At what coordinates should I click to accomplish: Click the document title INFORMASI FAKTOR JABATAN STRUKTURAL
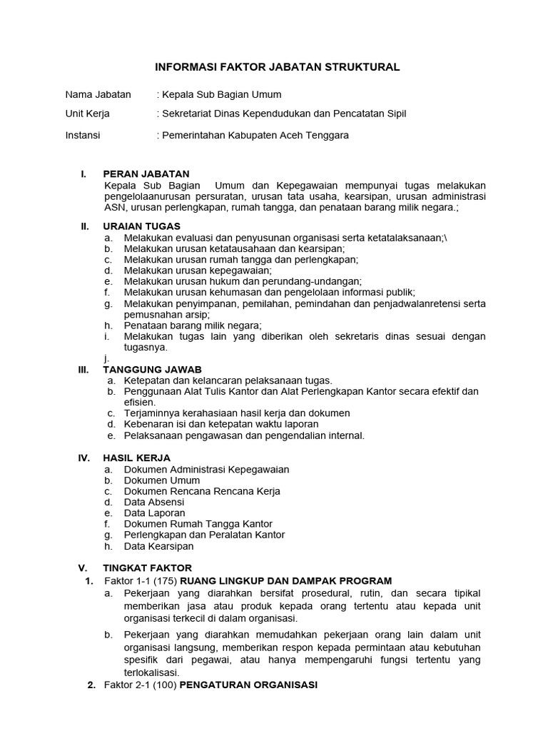(x=278, y=67)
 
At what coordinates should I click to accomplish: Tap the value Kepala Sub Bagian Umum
(x=219, y=94)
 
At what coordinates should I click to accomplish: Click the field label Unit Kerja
(x=88, y=114)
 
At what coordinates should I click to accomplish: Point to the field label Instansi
(x=83, y=135)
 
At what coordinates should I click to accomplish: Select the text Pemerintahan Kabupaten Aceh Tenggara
(x=255, y=135)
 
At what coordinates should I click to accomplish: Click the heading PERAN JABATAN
(x=146, y=173)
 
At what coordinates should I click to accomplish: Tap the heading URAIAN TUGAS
(x=142, y=226)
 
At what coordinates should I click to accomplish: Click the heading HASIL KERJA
(x=137, y=458)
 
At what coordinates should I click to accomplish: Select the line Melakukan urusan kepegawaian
(x=198, y=271)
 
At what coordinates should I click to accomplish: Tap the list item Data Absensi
(x=154, y=502)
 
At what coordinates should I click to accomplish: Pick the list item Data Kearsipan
(x=158, y=546)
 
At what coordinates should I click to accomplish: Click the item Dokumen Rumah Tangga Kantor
(x=198, y=524)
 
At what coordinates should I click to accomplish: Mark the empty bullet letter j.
(x=105, y=359)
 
